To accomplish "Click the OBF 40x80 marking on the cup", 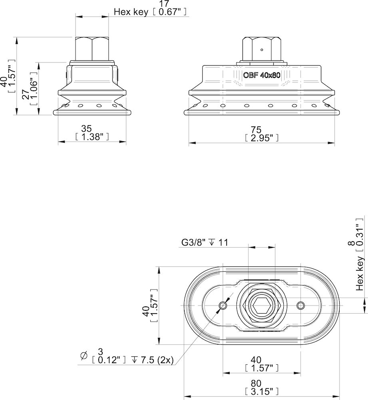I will tap(261, 75).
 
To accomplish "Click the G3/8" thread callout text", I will tap(194, 243).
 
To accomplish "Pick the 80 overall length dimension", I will tap(261, 383).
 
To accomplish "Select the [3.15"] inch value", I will tap(261, 391).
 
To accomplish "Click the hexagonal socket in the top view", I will tap(261, 305).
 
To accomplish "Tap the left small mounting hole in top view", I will tap(223, 306).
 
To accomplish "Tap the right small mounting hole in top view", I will tap(300, 306).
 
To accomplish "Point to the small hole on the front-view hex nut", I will tap(261, 50).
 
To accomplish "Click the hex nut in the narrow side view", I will tap(92, 48).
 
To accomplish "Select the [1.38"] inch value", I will tap(92, 136).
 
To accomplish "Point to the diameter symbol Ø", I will tap(84, 355).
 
